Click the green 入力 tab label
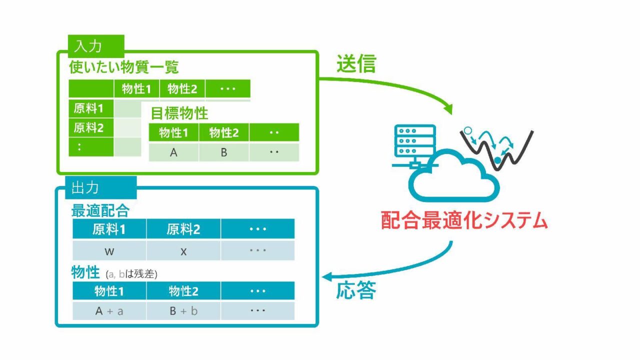96,46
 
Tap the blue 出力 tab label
101,187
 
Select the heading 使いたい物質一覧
123,67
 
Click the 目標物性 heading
179,113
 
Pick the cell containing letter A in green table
173,152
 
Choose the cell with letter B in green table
224,152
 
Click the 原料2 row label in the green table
91,127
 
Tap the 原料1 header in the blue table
109,229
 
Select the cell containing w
109,251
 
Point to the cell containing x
183,251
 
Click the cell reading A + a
109,311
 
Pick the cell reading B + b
183,311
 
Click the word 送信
356,63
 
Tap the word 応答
356,290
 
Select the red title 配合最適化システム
464,220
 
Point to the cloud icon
454,194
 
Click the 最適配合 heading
100,211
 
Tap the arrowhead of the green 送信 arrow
448,109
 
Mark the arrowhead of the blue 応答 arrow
326,276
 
